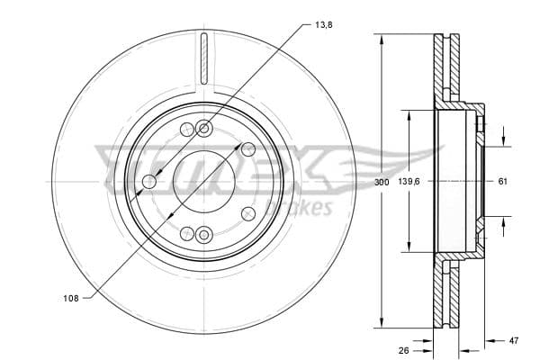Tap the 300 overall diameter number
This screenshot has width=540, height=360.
pyautogui.click(x=381, y=182)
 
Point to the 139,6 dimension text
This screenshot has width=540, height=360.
pyautogui.click(x=409, y=182)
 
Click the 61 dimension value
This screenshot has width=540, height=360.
pyautogui.click(x=502, y=182)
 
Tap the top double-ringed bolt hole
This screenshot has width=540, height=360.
pyautogui.click(x=204, y=128)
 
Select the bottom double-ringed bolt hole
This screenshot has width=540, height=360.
pyautogui.click(x=204, y=236)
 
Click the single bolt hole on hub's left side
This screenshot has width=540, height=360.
pyautogui.click(x=149, y=182)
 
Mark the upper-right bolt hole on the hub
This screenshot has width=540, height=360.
pyautogui.click(x=247, y=149)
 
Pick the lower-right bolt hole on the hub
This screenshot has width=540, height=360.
pyautogui.click(x=247, y=214)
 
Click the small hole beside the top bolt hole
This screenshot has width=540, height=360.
pyautogui.click(x=186, y=130)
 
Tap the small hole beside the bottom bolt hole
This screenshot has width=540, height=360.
pyautogui.click(x=186, y=233)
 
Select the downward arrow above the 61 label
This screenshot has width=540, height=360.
pyautogui.click(x=502, y=140)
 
